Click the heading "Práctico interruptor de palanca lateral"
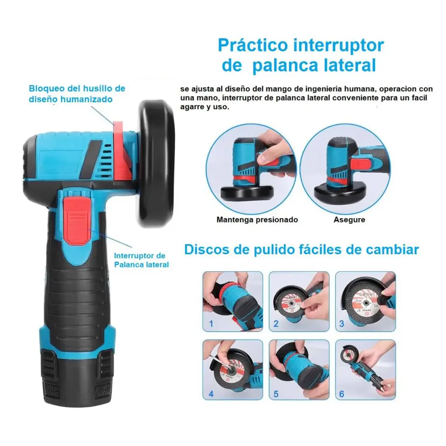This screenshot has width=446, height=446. click(301, 55)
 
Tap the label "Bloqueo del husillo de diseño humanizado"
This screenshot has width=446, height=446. click(77, 94)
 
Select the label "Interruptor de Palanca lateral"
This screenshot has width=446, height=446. click(142, 260)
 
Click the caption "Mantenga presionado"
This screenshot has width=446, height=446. click(257, 220)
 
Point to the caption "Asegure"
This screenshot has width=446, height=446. click(349, 220)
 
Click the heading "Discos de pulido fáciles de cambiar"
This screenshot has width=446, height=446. click(301, 250)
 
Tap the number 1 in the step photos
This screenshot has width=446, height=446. click(211, 324)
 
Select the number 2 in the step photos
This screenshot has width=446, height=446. click(276, 324)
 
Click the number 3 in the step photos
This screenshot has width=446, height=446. click(341, 324)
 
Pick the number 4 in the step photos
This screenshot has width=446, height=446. click(211, 394)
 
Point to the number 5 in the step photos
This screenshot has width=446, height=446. click(276, 394)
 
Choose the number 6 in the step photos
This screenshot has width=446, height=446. click(341, 394)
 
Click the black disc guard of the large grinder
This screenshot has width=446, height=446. click(156, 164)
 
